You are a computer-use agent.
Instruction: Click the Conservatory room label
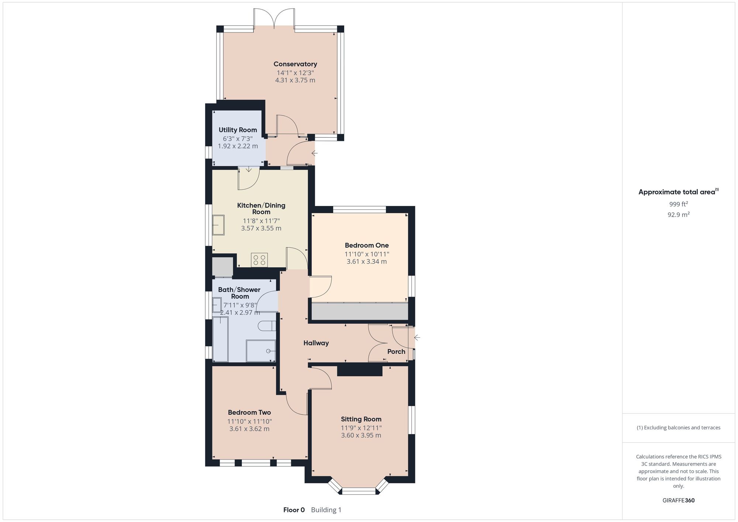(x=295, y=64)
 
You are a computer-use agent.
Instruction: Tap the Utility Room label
(x=238, y=130)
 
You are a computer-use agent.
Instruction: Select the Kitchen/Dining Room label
(x=261, y=209)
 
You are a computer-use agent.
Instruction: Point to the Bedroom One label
(x=367, y=245)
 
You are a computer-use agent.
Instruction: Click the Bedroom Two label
(x=249, y=412)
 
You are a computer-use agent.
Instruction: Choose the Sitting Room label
(x=361, y=419)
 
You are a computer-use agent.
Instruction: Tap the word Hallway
(x=316, y=343)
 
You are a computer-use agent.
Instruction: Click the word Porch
(x=396, y=351)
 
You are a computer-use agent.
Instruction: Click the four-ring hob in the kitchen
(x=259, y=260)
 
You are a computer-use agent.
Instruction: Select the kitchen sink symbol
(x=218, y=225)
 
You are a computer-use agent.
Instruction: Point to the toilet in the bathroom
(x=267, y=326)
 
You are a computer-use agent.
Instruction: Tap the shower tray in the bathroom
(x=261, y=351)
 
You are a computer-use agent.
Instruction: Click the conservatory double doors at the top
(x=274, y=18)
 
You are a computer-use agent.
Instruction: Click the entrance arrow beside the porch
(x=417, y=337)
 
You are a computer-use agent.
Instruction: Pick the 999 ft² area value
(x=679, y=204)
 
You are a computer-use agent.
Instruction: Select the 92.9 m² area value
(x=679, y=214)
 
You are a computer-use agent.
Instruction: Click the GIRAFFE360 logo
(x=679, y=501)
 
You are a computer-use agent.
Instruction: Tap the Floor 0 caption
(x=294, y=510)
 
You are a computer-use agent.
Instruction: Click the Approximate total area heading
(x=679, y=192)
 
